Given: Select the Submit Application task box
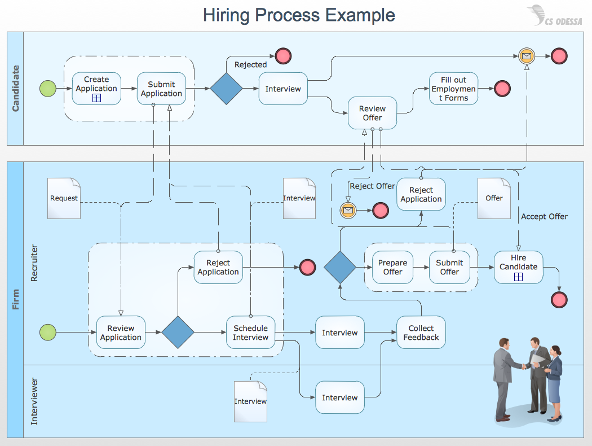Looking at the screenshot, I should [x=161, y=89].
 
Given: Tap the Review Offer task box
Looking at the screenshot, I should [x=372, y=113].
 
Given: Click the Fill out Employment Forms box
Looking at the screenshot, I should [x=453, y=89].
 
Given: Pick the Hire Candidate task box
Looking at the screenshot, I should [x=518, y=267].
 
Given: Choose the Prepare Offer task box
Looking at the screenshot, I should [x=392, y=267].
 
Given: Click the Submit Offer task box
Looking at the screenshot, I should [x=449, y=267].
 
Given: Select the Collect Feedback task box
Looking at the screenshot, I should [x=421, y=332].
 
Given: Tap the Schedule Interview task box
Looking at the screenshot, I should [x=250, y=332].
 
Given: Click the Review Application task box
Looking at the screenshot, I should [x=121, y=332].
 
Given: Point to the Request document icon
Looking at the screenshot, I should [x=64, y=198].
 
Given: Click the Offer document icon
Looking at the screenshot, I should [x=493, y=198].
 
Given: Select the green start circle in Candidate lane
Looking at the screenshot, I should [x=48, y=89].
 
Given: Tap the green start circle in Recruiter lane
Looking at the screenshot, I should [x=48, y=333].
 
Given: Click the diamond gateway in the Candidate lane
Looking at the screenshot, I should [x=226, y=89].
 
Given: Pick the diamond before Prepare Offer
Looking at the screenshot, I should [x=340, y=267].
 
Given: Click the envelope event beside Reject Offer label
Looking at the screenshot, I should [x=348, y=211].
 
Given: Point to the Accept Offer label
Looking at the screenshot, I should [x=544, y=216].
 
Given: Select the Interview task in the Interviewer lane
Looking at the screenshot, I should [x=339, y=397].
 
